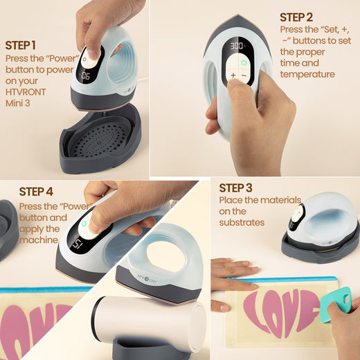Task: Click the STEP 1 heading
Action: [21, 45]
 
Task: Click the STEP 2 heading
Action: [296, 17]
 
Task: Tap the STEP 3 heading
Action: [235, 188]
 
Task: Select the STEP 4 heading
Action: [36, 192]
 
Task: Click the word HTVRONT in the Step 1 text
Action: [26, 92]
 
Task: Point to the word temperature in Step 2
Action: [307, 74]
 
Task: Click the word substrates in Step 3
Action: [242, 222]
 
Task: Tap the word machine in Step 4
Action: [39, 240]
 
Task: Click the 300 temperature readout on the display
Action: [237, 46]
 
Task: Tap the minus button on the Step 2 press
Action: [244, 75]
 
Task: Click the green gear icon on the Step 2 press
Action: [244, 62]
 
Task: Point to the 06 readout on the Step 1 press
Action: [85, 76]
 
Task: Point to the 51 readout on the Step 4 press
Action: [77, 244]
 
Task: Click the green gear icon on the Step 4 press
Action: [84, 224]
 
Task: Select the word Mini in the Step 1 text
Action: [13, 103]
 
